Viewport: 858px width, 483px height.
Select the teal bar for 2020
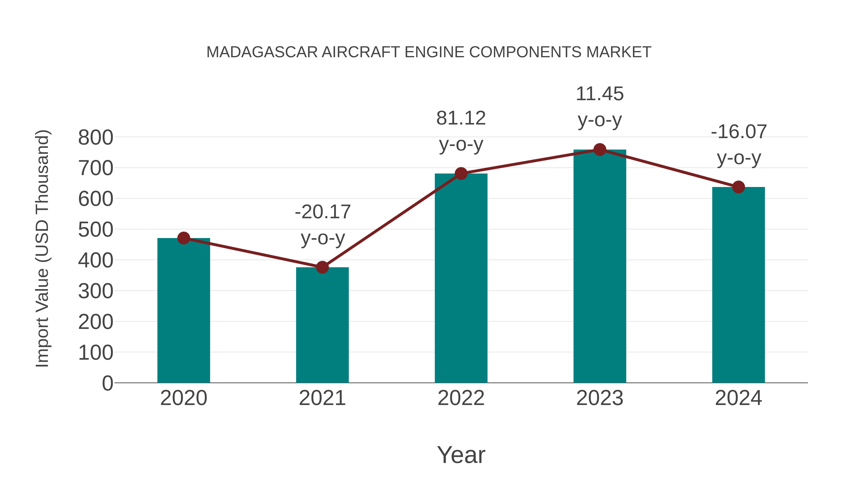pyautogui.click(x=184, y=310)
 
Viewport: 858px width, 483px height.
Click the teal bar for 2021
pyautogui.click(x=322, y=325)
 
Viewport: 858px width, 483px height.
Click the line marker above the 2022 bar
pyautogui.click(x=461, y=173)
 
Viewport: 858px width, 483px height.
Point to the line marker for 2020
pyautogui.click(x=184, y=238)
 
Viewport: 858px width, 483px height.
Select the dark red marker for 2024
pyautogui.click(x=738, y=187)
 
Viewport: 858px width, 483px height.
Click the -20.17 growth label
pyautogui.click(x=323, y=212)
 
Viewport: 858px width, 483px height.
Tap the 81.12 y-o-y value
pyautogui.click(x=461, y=118)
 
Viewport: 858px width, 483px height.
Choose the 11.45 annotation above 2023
pyautogui.click(x=600, y=94)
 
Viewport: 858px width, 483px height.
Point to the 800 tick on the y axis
pyautogui.click(x=96, y=137)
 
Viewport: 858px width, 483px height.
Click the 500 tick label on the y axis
pyautogui.click(x=96, y=230)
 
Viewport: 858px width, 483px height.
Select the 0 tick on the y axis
pyautogui.click(x=107, y=383)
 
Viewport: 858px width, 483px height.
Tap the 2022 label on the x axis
pyautogui.click(x=461, y=398)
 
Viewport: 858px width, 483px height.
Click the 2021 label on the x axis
pyautogui.click(x=322, y=398)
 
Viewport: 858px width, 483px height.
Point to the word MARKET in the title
pyautogui.click(x=618, y=52)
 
